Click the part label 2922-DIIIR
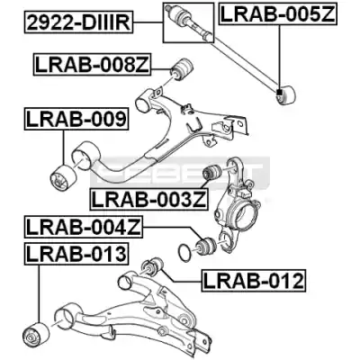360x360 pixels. pyautogui.click(x=78, y=23)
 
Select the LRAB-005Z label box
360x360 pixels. pyautogui.click(x=278, y=13)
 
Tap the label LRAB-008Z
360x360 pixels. pyautogui.click(x=92, y=65)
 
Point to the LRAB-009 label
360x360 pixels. pyautogui.click(x=76, y=119)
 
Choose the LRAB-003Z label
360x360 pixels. pyautogui.click(x=149, y=200)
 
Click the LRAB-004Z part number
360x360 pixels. pyautogui.click(x=84, y=227)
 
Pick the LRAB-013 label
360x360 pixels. pyautogui.click(x=76, y=254)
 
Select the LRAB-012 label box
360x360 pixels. pyautogui.click(x=254, y=280)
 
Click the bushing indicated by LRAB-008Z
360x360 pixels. pyautogui.click(x=182, y=70)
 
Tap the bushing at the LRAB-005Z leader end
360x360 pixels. pyautogui.click(x=286, y=94)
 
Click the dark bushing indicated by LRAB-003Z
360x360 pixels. pyautogui.click(x=212, y=172)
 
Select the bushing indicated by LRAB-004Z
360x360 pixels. pyautogui.click(x=205, y=246)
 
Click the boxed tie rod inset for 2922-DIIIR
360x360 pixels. pyautogui.click(x=189, y=22)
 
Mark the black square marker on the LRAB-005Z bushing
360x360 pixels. pyautogui.click(x=280, y=93)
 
